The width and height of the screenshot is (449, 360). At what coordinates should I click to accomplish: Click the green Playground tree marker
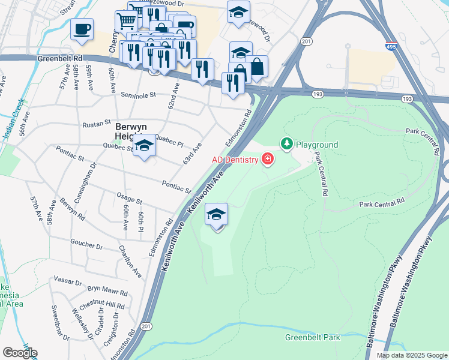[x=287, y=144]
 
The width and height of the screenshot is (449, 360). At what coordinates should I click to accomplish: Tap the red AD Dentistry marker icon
[x=267, y=160]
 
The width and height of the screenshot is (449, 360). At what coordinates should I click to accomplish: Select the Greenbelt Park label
[x=312, y=337]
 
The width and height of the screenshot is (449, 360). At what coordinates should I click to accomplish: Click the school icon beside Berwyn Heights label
[x=144, y=146]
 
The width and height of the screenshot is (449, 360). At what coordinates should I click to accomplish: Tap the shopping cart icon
[x=126, y=21]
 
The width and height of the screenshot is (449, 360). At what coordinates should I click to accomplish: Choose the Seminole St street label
[x=138, y=95]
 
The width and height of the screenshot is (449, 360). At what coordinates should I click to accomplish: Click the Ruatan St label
[x=97, y=124]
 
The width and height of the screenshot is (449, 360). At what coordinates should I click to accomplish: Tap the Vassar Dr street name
[x=67, y=281]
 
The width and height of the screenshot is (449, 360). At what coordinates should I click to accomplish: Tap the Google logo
[x=20, y=352]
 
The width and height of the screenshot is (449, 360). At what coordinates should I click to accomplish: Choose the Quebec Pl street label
[x=169, y=137]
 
